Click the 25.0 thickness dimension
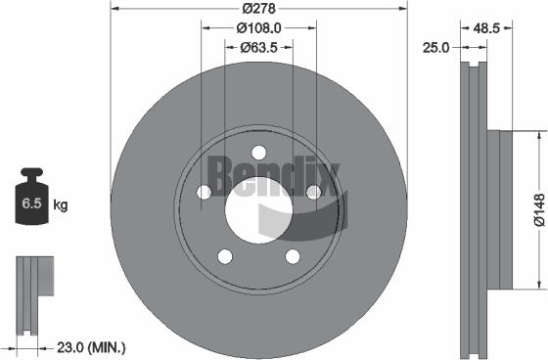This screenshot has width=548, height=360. point(435,46)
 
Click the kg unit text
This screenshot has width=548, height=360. point(60,205)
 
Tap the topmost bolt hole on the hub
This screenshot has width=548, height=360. point(258,152)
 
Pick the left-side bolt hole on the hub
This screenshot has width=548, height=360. point(204,193)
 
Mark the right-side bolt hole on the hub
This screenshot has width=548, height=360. point(313,192)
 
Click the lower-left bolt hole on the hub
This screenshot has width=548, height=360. point(224,256)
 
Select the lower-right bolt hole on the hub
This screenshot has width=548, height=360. point(293,256)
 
